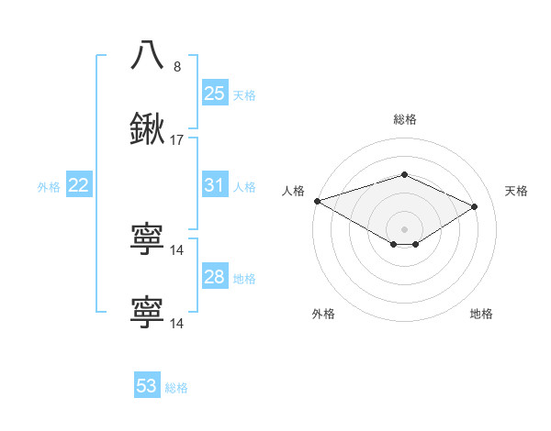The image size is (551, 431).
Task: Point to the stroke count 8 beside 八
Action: pos(177,66)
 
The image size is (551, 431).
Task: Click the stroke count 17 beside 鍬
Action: pos(177,140)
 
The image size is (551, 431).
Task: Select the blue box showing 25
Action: pos(215,93)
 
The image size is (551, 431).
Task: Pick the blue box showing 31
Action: pos(215,185)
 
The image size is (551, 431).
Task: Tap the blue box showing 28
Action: pos(215,277)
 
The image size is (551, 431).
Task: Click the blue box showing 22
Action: pos(79,185)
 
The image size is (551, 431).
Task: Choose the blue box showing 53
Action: pos(147,386)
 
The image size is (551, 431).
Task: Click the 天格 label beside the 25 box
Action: pos(244,94)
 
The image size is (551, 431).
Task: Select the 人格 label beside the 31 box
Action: pos(244,187)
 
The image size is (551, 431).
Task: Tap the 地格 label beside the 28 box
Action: pos(244,279)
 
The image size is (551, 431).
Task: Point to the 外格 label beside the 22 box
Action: pos(49,187)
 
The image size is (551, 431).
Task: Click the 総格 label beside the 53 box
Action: pos(176,388)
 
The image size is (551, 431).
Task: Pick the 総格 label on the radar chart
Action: pos(404,119)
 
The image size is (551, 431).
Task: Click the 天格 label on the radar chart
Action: pos(516,191)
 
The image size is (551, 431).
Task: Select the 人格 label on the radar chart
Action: pos(293,191)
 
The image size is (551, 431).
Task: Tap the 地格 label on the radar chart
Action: pos(481,315)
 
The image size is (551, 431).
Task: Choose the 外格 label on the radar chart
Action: pos(323,315)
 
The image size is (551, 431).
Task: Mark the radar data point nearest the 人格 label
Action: pos(316,200)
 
